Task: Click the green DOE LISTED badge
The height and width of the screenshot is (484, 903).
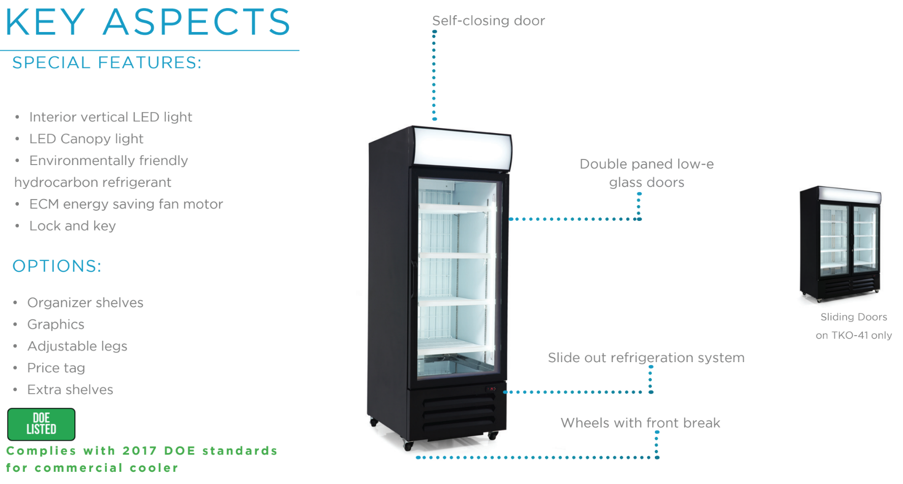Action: coord(41,424)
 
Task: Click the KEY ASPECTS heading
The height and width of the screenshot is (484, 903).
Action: coord(147,22)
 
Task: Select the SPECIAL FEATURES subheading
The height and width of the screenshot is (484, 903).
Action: coord(107,63)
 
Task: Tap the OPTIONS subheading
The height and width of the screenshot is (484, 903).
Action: coord(57,266)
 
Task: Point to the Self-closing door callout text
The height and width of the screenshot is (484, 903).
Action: coord(488,21)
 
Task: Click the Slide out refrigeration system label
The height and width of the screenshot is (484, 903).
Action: coord(646,358)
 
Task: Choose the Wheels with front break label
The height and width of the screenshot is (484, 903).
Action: coord(640,423)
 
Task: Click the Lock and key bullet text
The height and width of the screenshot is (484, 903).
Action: coord(72,226)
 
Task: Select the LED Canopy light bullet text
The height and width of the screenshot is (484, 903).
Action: coord(86,139)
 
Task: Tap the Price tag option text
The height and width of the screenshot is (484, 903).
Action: coord(56,368)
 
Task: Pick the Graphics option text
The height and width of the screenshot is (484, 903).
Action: coord(55,325)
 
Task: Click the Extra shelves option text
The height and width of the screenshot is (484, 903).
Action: coord(70,390)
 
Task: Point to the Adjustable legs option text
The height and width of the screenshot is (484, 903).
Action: coord(77,346)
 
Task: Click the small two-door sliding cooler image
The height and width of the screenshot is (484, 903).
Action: coord(840,244)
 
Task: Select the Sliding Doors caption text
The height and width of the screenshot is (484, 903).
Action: coord(853,317)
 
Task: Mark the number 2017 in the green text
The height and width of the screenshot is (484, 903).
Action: coord(139,451)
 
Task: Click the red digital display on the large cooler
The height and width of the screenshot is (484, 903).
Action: coord(491,389)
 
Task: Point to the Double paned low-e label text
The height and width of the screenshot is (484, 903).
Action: coord(646,164)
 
